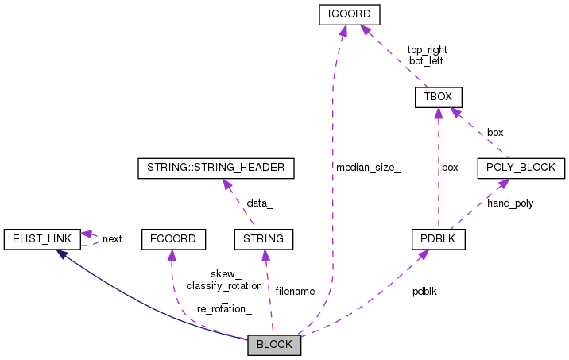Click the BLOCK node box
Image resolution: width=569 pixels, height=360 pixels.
point(274,346)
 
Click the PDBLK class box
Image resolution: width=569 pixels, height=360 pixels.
point(438,238)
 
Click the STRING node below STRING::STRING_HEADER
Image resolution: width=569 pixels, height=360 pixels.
point(264,238)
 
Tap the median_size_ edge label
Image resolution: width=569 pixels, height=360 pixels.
point(368,168)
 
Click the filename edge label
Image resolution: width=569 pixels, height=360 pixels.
point(295,292)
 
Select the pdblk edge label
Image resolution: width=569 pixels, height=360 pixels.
point(424,292)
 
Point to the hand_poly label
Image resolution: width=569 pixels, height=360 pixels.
point(510,203)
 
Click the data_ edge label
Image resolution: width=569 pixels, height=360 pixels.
point(259,203)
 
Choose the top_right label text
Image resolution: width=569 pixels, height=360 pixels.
point(427,49)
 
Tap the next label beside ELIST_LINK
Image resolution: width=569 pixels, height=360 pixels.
point(112,238)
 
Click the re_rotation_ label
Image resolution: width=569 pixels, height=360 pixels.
point(224,308)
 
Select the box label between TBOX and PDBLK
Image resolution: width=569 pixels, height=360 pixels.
point(450,168)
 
